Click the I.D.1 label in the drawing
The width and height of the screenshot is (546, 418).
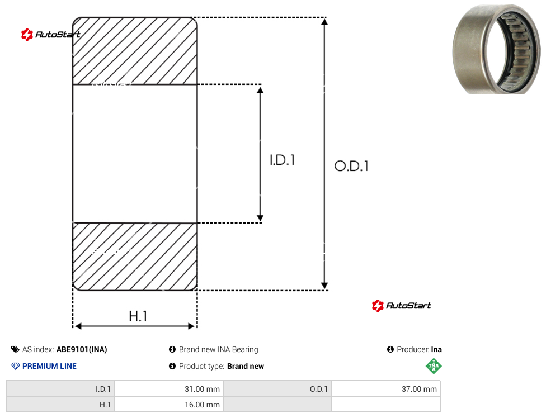click(283, 160)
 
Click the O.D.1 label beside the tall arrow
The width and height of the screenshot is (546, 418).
click(351, 166)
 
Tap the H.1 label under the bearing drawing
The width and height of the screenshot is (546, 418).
click(138, 316)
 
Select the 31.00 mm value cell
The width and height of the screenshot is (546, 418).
click(169, 389)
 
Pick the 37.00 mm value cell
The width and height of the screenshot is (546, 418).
click(386, 389)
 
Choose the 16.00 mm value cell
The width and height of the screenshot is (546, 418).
click(169, 405)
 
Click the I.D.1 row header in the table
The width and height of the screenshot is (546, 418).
click(60, 389)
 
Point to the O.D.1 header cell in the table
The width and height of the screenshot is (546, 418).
click(277, 389)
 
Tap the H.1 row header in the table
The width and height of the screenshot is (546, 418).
click(60, 405)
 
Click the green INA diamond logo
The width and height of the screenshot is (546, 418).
click(434, 366)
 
